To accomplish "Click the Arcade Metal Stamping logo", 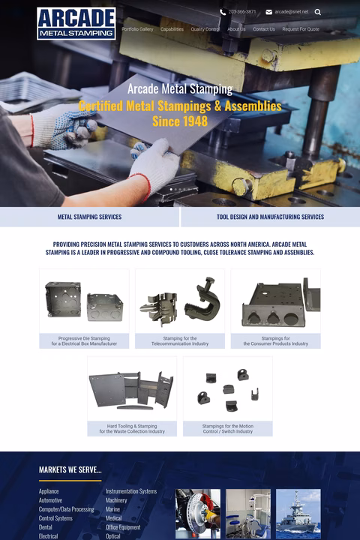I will (76, 23).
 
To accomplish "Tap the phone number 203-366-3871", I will (241, 12).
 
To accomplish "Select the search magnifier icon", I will (318, 12).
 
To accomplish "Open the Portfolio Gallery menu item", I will (137, 29).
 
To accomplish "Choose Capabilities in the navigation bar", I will (172, 29).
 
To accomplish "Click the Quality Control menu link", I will (205, 29).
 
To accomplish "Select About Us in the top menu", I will (236, 29).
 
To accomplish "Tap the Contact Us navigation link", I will (263, 29).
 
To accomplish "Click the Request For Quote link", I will (301, 29).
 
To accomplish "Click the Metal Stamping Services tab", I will (89, 217).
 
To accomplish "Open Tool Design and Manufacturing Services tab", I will (270, 217).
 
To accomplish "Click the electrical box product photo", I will (84, 301).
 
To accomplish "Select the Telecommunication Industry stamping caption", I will (180, 341).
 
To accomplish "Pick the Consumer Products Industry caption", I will (275, 341).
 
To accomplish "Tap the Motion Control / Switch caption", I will (227, 429).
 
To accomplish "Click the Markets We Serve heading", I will (70, 469).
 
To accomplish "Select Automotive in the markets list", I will (50, 500).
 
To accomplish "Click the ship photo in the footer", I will (298, 514).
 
